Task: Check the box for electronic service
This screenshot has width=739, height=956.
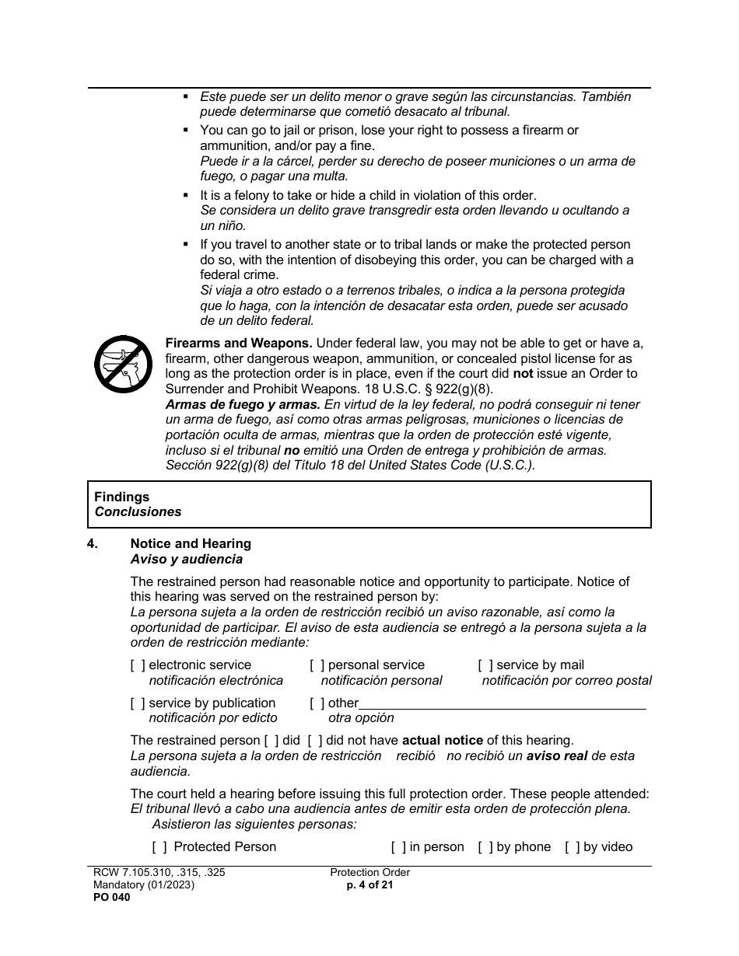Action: [x=138, y=665]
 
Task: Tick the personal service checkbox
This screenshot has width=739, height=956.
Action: [x=317, y=665]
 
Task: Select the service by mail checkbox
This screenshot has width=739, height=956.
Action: [x=485, y=665]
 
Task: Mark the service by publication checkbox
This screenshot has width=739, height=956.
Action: [x=138, y=703]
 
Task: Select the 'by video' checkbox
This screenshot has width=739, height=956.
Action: [x=573, y=847]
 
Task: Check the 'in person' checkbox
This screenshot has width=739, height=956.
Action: [x=398, y=847]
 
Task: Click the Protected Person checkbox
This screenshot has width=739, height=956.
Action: [x=159, y=847]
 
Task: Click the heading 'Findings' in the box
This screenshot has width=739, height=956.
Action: [x=121, y=497]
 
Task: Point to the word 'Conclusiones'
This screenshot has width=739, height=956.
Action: [x=138, y=512]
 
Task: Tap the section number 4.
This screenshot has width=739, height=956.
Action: [x=93, y=544]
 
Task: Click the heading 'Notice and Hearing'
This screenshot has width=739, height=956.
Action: [x=191, y=544]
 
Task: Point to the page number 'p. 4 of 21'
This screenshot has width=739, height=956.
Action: [x=369, y=884]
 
